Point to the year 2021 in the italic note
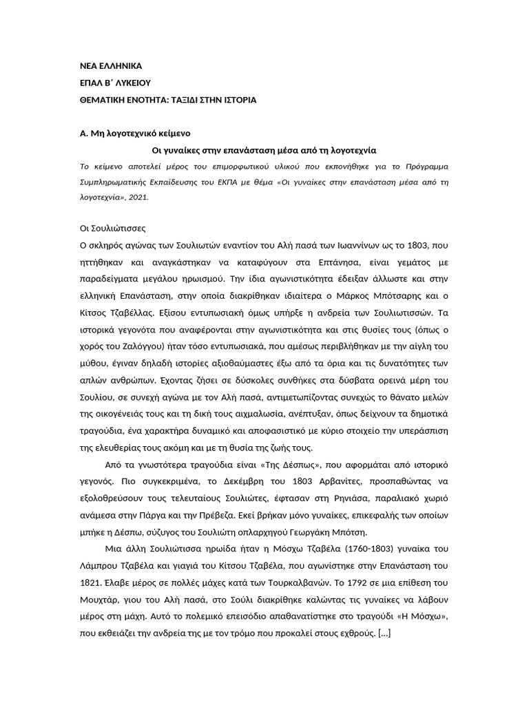[138, 197]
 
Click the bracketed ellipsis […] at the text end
[385, 632]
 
